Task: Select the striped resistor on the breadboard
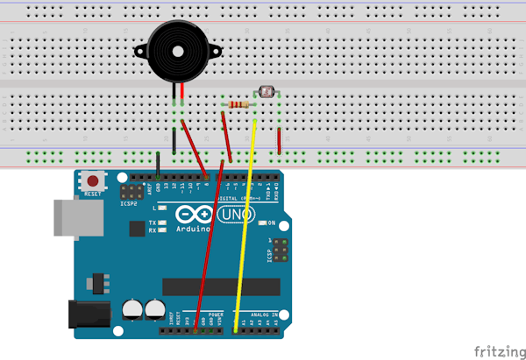[238, 106]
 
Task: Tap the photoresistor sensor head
[267, 89]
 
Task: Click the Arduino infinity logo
[193, 215]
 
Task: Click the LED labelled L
[162, 208]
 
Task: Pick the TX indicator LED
[162, 222]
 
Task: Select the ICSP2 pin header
[132, 191]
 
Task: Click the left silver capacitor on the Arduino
[133, 308]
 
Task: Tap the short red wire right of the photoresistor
[279, 140]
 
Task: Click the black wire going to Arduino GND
[158, 165]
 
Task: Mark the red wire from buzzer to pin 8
[195, 145]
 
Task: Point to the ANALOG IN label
[262, 314]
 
